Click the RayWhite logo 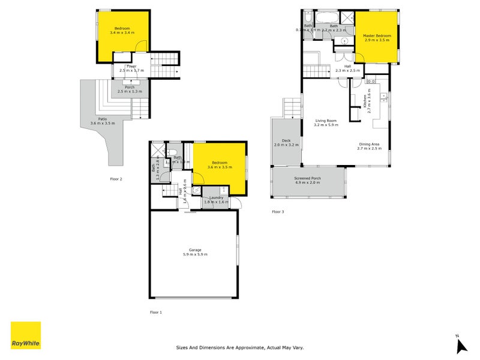tap(26, 335)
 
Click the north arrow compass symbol tap(461, 345)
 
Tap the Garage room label tap(195, 250)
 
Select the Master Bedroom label tap(377, 36)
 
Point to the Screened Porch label tap(307, 178)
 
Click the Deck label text tap(286, 142)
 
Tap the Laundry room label tap(216, 197)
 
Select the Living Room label tap(326, 121)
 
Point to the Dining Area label tap(368, 143)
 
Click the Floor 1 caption tap(155, 313)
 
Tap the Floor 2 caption tap(116, 179)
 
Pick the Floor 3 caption tap(278, 212)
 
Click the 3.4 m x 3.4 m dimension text tap(122, 32)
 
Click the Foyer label tap(131, 66)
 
